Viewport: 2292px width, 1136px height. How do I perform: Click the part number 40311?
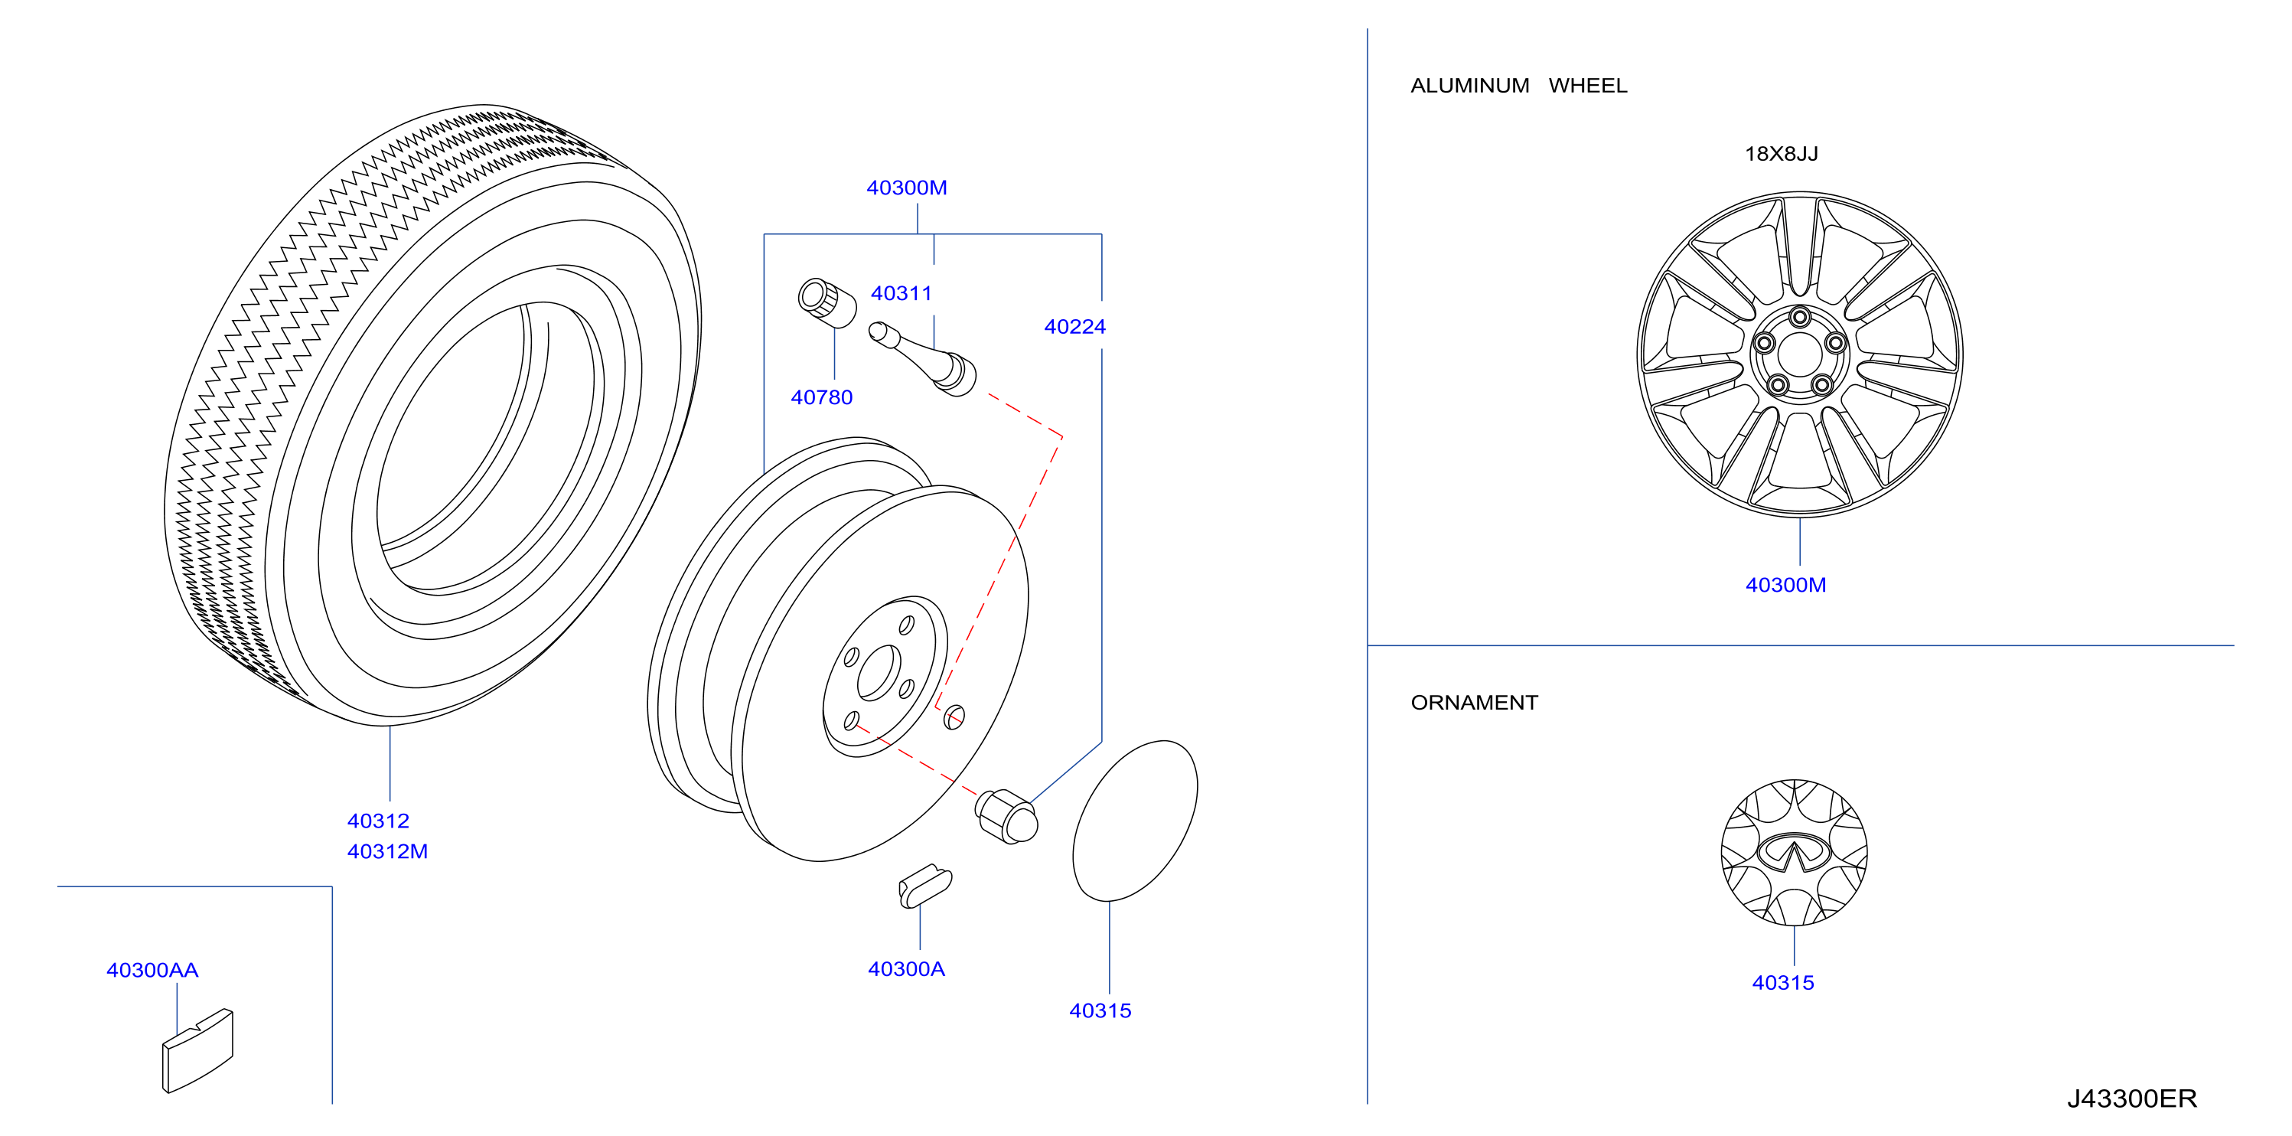tap(901, 293)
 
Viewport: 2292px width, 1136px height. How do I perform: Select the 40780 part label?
tap(821, 397)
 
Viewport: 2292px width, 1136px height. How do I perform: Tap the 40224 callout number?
tap(1074, 327)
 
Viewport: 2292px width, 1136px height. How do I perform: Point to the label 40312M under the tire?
tap(387, 851)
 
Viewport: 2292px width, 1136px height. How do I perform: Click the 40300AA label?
tap(152, 970)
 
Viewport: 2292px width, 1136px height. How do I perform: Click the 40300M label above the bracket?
tap(907, 188)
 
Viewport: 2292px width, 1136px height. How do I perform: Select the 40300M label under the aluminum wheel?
tap(1785, 585)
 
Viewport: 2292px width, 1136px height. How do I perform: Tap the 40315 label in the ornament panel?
tap(1783, 983)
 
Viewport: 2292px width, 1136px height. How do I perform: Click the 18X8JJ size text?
tap(1782, 154)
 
